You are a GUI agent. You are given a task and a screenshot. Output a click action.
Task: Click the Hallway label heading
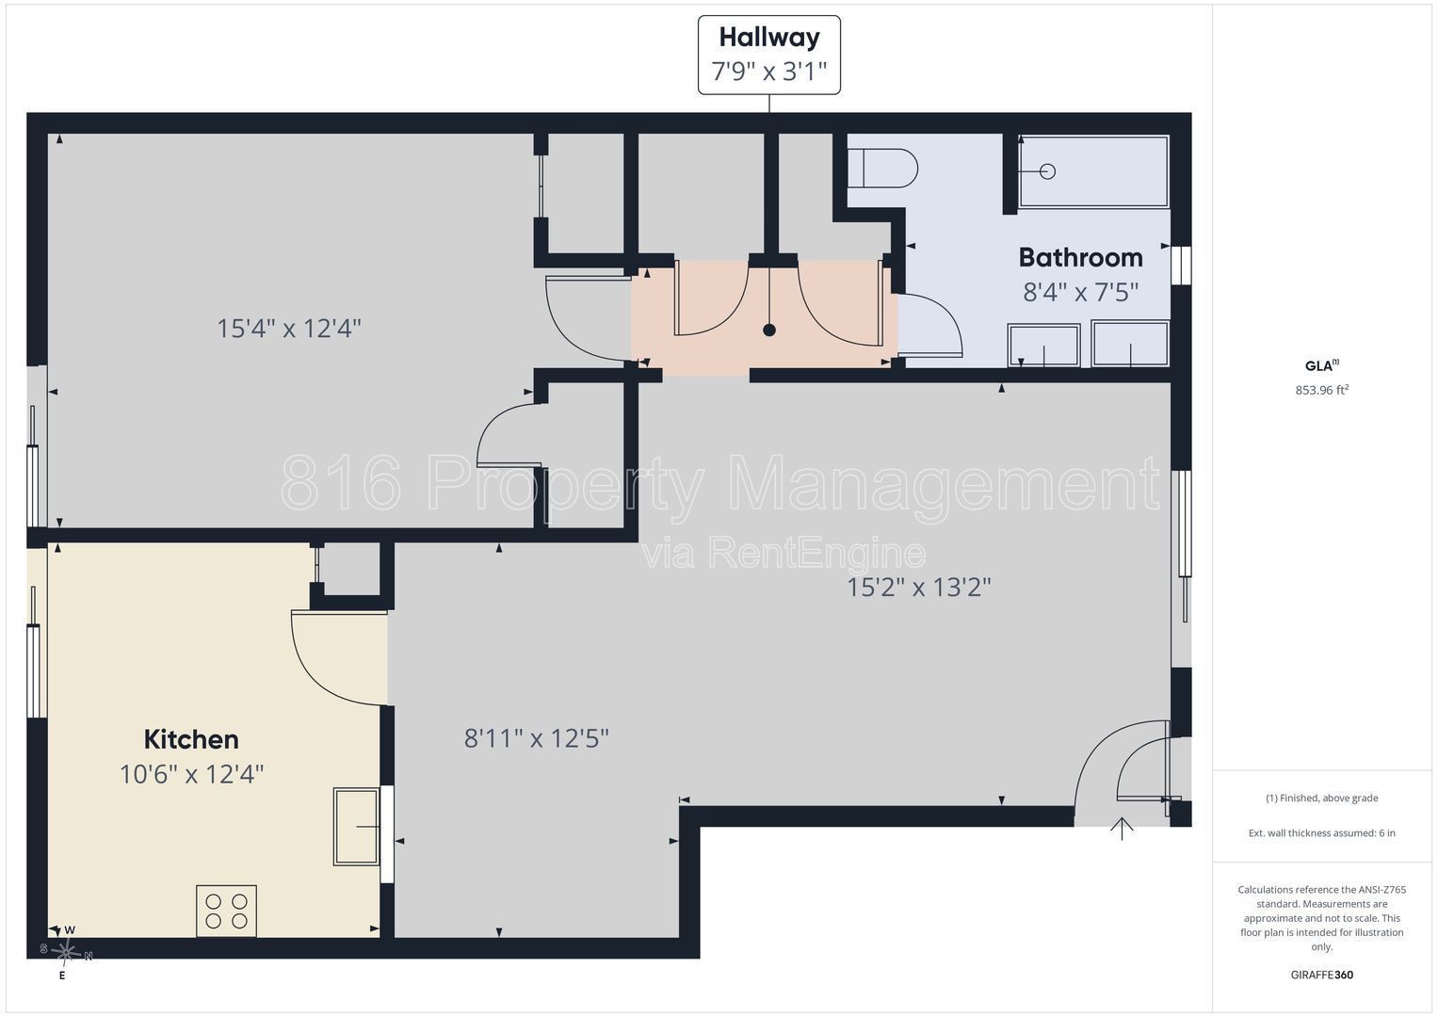pos(769,38)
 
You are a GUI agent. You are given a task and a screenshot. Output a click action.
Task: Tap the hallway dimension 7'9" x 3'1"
pos(769,72)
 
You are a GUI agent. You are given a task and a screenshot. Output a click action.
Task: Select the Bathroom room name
pos(1080,257)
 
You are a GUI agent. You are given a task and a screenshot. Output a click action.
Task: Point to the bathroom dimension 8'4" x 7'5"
pos(1080,292)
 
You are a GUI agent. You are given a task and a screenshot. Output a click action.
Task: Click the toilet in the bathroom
pos(882,169)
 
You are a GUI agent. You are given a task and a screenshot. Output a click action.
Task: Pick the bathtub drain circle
pos(1047,171)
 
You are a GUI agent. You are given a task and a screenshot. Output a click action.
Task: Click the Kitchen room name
pos(191,739)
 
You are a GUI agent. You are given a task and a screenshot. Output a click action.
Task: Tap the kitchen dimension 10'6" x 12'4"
pos(191,774)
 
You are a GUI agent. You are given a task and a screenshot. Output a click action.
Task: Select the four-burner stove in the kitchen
pos(226,912)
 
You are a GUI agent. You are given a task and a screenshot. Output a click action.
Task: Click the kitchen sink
pos(357,827)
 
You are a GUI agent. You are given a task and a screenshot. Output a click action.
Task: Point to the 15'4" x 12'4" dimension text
pos(289,329)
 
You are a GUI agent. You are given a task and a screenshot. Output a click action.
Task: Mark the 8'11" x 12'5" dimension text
pos(536,738)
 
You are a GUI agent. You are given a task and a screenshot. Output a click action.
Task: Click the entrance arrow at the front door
pos(1122,829)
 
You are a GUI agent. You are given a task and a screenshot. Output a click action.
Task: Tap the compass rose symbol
pos(66,953)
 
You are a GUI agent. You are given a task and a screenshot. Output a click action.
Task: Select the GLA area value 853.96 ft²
pos(1321,390)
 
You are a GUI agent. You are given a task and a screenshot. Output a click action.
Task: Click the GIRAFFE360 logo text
pos(1321,975)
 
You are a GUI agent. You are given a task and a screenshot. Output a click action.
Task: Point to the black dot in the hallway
pos(769,331)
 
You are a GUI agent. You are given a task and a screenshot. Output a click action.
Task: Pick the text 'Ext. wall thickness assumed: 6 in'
pos(1321,833)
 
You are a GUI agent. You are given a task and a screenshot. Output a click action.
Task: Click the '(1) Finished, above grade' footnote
pos(1321,799)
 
